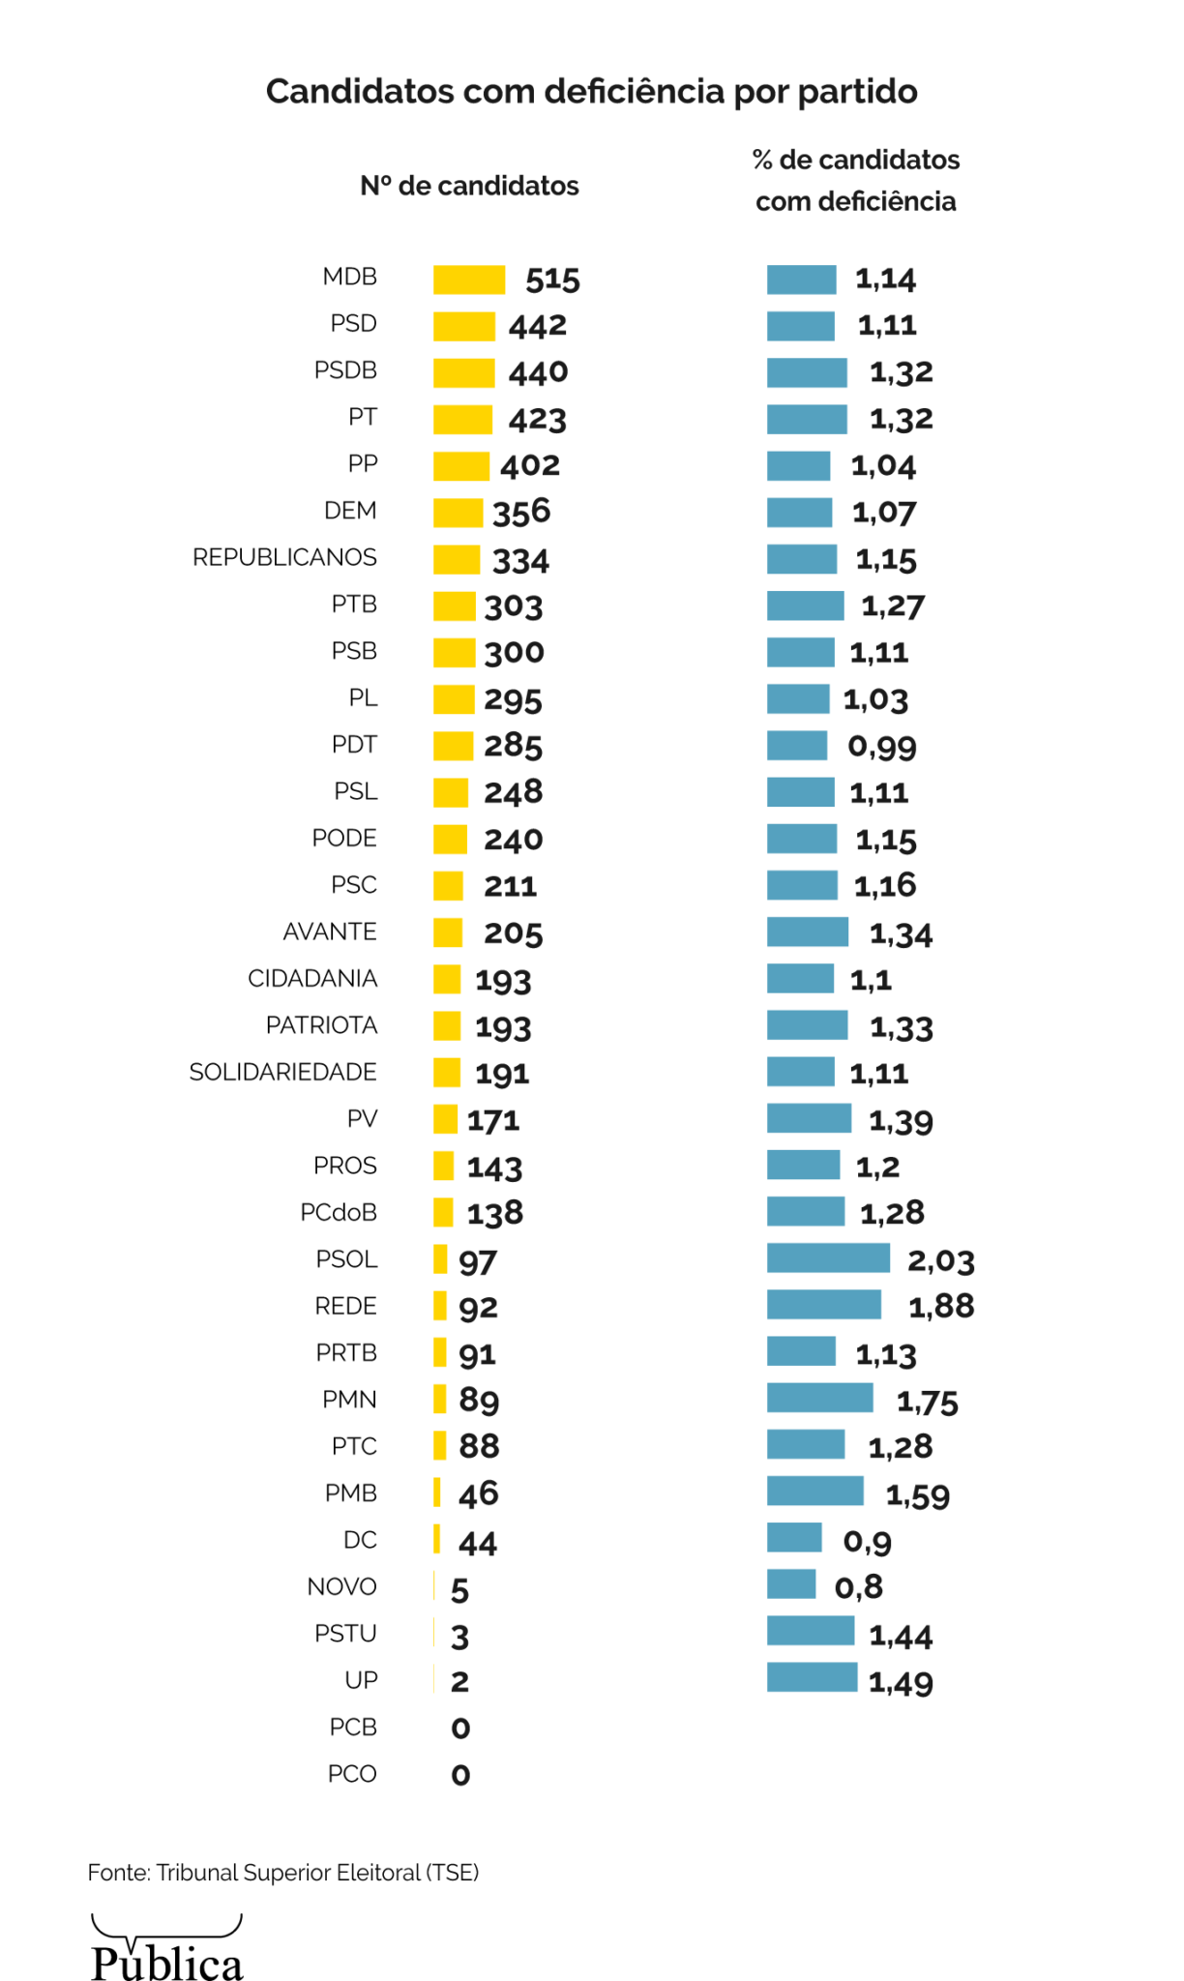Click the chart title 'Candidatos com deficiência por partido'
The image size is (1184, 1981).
click(x=591, y=92)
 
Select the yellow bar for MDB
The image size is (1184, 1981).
click(x=469, y=280)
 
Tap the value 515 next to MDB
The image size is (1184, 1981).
click(x=552, y=280)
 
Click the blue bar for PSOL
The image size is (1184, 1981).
click(x=828, y=1258)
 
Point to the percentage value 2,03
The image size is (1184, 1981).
click(x=940, y=1260)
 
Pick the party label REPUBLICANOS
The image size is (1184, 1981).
click(x=284, y=558)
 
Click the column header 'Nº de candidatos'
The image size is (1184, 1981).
click(x=469, y=186)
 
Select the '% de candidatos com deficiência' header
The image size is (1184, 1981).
click(x=856, y=181)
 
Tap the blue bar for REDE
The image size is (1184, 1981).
click(x=824, y=1305)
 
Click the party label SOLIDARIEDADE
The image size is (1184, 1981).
click(x=282, y=1073)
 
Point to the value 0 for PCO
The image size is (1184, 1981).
click(x=460, y=1775)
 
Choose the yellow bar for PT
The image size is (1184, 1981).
click(x=462, y=420)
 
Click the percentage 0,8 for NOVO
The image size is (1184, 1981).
click(x=858, y=1587)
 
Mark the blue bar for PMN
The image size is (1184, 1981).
click(x=820, y=1399)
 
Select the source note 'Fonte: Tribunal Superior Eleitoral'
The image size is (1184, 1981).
click(x=282, y=1873)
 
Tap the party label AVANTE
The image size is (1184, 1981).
click(x=330, y=932)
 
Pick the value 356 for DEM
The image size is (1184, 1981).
click(x=521, y=513)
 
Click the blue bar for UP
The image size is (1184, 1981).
click(x=813, y=1678)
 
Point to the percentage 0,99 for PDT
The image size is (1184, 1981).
click(x=881, y=747)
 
